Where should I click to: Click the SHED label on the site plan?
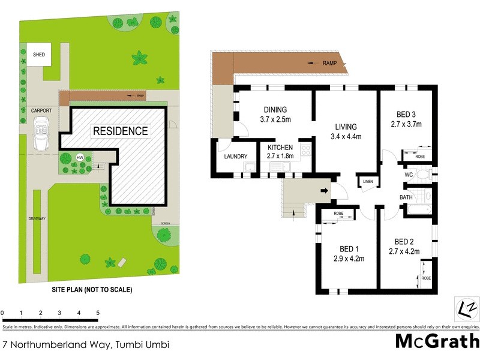(x=39, y=54)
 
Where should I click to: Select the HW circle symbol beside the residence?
(x=80, y=158)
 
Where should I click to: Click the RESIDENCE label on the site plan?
(x=119, y=131)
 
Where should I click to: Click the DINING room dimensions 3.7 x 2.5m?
(x=275, y=120)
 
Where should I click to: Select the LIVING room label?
(x=346, y=127)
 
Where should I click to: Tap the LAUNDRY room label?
(x=235, y=157)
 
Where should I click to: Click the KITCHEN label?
(x=280, y=148)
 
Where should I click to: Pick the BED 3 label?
(x=406, y=115)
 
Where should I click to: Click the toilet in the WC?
(x=423, y=175)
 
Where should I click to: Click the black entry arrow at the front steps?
(x=325, y=191)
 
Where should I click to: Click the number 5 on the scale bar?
(x=98, y=313)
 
